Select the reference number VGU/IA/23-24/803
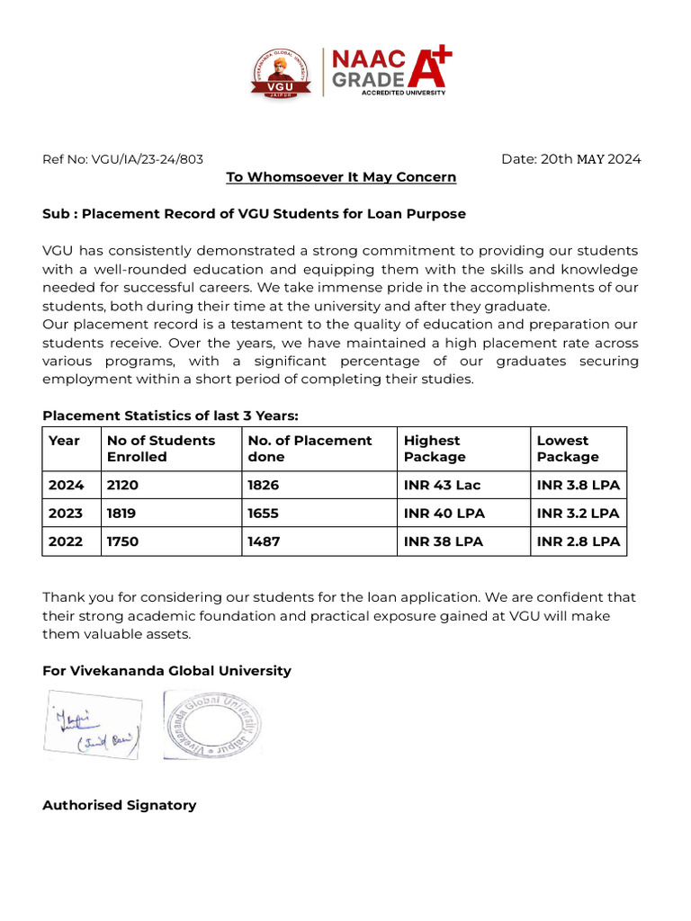pos(123,159)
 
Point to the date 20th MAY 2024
pos(571,159)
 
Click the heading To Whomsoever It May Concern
pos(341,177)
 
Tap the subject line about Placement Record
pos(254,214)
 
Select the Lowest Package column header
pos(567,448)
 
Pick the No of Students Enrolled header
pos(161,448)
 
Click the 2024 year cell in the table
pos(67,485)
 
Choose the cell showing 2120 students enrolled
pos(124,485)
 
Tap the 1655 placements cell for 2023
pos(264,514)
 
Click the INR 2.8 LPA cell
pos(578,541)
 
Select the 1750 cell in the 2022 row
pos(124,541)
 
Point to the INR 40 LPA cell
pos(444,514)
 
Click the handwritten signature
pos(93,725)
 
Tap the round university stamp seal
pos(213,724)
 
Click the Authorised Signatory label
pos(119,805)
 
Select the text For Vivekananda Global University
pos(166,671)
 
